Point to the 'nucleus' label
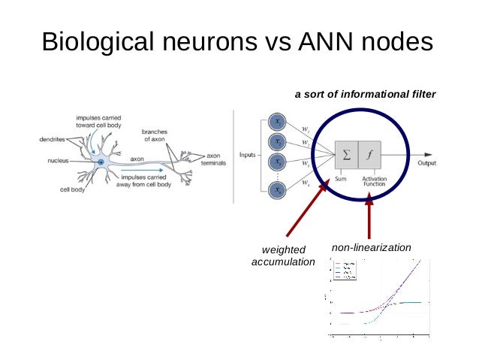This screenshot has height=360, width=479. (57, 160)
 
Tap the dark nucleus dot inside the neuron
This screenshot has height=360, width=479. (101, 162)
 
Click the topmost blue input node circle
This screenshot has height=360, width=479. (278, 122)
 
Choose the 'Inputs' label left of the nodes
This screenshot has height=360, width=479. (249, 156)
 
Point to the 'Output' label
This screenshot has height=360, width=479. (427, 162)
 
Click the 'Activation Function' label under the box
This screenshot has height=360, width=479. (373, 181)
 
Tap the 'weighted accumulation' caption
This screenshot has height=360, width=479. (283, 256)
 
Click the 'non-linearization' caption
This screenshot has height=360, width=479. (371, 247)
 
